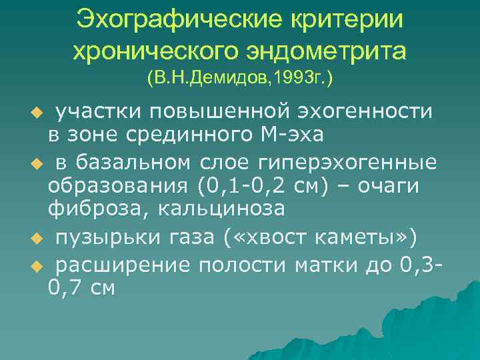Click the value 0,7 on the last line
tap(67, 288)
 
